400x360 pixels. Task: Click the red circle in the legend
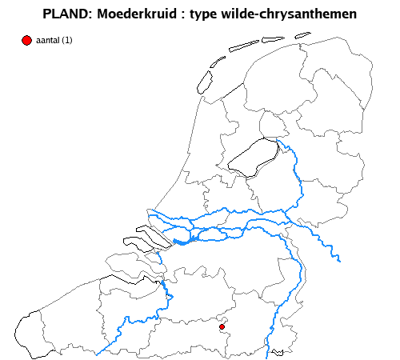coord(26,40)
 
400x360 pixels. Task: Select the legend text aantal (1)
coord(54,41)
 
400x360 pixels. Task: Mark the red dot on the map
coord(222,326)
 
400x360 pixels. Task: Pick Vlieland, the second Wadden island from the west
coord(217,62)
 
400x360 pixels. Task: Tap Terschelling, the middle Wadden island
coord(243,46)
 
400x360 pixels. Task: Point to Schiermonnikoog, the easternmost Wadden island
coord(302,35)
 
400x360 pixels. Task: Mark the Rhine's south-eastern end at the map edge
coord(339,260)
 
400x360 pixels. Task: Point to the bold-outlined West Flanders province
coord(56,320)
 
